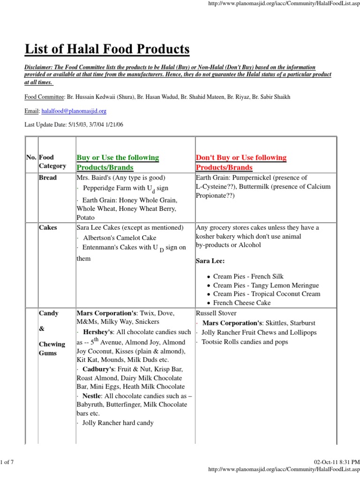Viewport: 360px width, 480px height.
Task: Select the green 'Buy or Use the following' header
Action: click(117, 157)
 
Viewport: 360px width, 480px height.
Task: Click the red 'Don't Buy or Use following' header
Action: click(241, 157)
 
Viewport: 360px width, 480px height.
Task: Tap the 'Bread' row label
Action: click(48, 178)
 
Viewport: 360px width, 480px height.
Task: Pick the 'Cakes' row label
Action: click(48, 227)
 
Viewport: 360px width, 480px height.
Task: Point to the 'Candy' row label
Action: click(49, 313)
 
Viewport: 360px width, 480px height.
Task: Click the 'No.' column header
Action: click(31, 157)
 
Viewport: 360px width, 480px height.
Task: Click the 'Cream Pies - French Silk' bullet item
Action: click(248, 277)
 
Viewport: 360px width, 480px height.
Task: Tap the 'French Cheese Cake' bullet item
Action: click(242, 303)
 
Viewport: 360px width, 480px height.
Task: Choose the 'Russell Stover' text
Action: click(216, 313)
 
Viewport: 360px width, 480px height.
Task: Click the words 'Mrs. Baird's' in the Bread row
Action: click(92, 178)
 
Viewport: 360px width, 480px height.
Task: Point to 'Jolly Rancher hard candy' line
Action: click(118, 422)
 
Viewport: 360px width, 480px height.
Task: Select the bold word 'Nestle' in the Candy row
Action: click(92, 396)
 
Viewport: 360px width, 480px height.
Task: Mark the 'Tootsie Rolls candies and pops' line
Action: click(244, 342)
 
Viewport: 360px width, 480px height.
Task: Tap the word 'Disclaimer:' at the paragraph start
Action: click(40, 67)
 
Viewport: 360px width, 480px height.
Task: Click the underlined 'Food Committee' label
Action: click(44, 97)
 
